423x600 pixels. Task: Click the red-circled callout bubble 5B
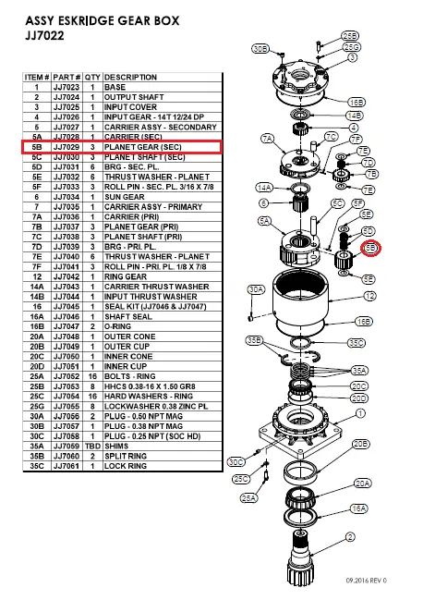[371, 248]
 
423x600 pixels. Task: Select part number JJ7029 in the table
[67, 146]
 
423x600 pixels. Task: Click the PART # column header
[67, 78]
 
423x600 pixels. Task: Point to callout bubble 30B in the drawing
[260, 47]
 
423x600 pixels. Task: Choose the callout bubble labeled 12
[369, 296]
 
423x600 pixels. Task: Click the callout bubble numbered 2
[350, 535]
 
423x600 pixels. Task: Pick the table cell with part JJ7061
[67, 466]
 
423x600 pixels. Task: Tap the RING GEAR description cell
[126, 276]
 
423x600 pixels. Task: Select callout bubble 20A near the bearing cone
[363, 483]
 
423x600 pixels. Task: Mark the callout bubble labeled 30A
[256, 289]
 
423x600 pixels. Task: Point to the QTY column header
[93, 78]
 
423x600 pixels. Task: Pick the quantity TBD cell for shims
[93, 446]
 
